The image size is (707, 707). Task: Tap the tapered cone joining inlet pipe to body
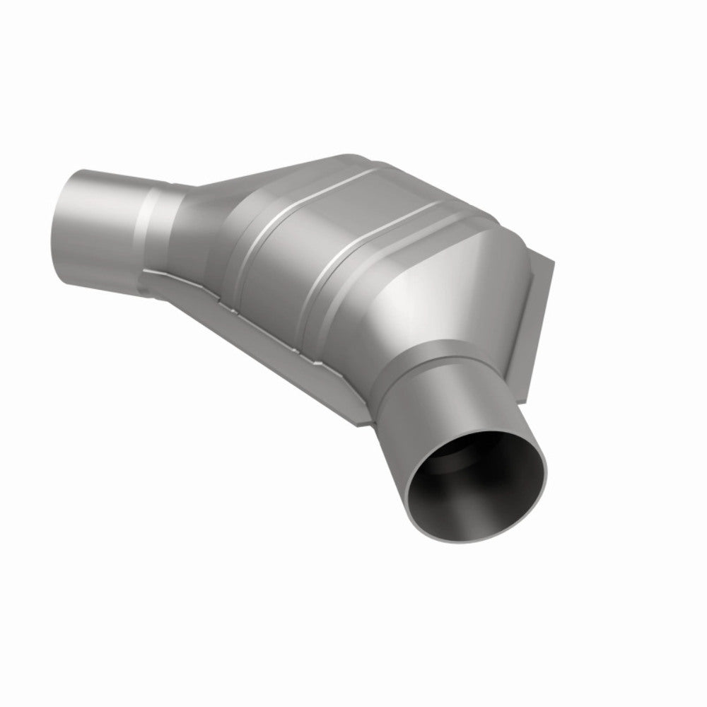click(212, 212)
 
